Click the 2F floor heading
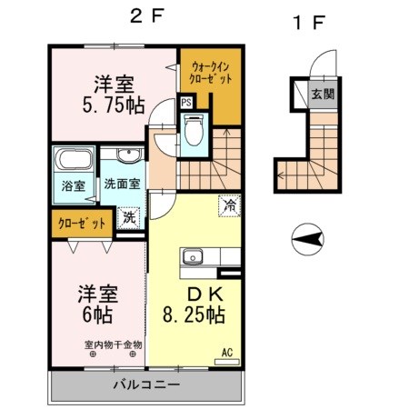pos(145,15)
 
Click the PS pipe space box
pos(186,103)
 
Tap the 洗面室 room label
pos(122,183)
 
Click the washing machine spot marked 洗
pos(130,218)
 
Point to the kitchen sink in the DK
pos(193,257)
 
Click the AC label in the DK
pos(228,353)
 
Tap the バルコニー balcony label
pos(145,384)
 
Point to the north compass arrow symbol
pos(309,239)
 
